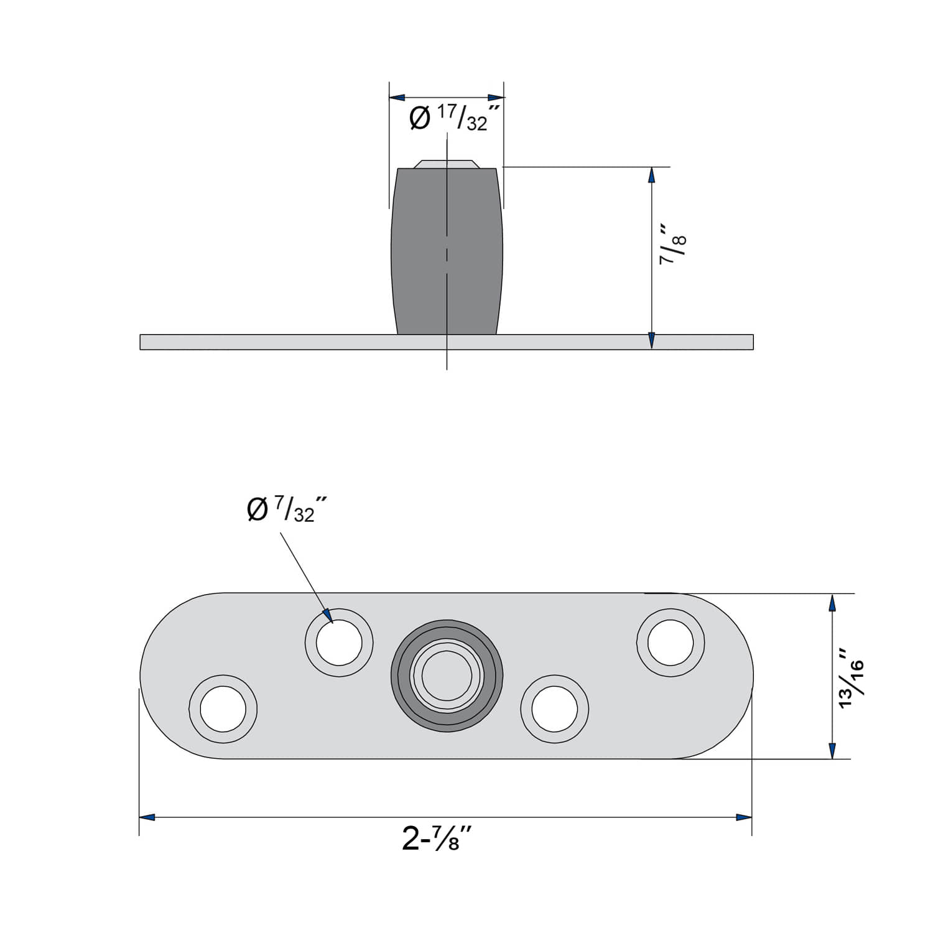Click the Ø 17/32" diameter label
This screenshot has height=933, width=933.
(455, 118)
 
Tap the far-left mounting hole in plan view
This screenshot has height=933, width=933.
(223, 709)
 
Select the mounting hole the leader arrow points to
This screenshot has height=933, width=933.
(339, 643)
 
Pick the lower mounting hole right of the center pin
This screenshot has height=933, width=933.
(554, 709)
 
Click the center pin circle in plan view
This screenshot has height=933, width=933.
(447, 675)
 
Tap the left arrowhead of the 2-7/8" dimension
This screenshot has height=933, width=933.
(147, 817)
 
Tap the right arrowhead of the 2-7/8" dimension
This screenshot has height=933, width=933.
(744, 817)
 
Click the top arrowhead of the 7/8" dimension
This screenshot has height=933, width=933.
(651, 175)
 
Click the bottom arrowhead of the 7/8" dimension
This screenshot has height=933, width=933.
(651, 341)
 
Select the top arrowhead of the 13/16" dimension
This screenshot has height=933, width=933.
(832, 602)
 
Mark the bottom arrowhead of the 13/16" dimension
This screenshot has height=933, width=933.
(832, 751)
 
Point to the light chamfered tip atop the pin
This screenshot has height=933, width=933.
(447, 164)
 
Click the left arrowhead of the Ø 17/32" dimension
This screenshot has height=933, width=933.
(397, 98)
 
